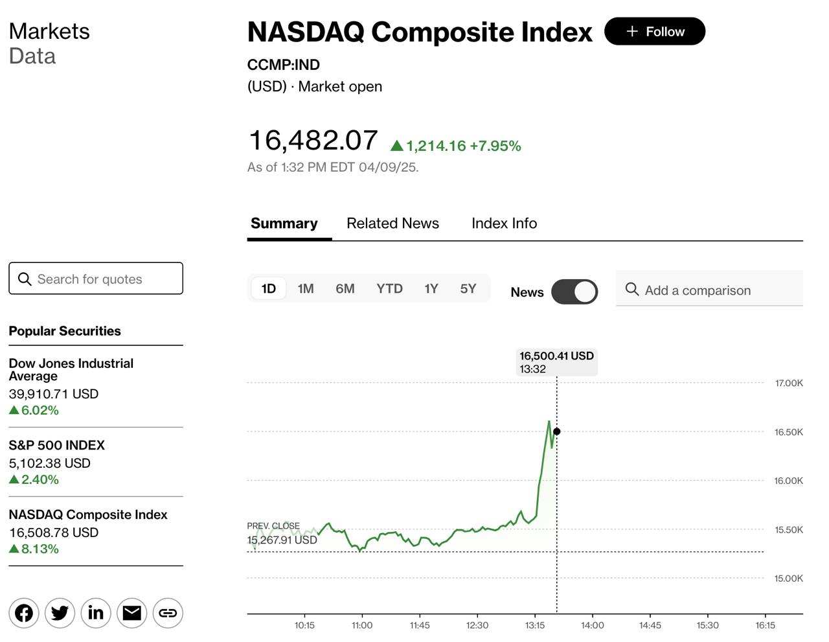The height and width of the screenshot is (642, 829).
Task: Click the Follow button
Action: [x=655, y=32]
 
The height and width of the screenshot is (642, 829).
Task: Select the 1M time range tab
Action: [x=306, y=289]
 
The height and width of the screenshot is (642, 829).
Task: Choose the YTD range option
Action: [x=389, y=289]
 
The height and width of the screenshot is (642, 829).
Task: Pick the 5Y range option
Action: [x=468, y=289]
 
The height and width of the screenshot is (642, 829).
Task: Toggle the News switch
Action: [x=574, y=292]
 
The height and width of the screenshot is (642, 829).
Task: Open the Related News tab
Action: [x=392, y=224]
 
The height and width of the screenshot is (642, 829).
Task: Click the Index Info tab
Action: [x=504, y=224]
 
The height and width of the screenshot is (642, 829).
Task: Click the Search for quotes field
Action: [x=96, y=279]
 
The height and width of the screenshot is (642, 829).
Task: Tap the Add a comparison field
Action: [x=709, y=290]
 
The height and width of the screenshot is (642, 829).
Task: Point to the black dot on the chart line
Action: [x=557, y=431]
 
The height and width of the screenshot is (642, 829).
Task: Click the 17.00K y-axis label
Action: [x=789, y=384]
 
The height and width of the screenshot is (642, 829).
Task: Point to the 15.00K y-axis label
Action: [x=789, y=579]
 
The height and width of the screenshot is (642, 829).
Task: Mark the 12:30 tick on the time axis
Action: [x=477, y=625]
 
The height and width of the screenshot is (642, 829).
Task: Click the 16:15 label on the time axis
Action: [x=765, y=625]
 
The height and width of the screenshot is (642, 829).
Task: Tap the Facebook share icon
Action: [x=24, y=613]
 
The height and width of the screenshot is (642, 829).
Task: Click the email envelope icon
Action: [x=132, y=613]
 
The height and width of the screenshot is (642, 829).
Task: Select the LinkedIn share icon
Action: [x=96, y=613]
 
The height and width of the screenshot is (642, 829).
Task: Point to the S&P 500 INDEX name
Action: [x=56, y=446]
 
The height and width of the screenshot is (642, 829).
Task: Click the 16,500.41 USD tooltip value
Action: [x=556, y=356]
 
